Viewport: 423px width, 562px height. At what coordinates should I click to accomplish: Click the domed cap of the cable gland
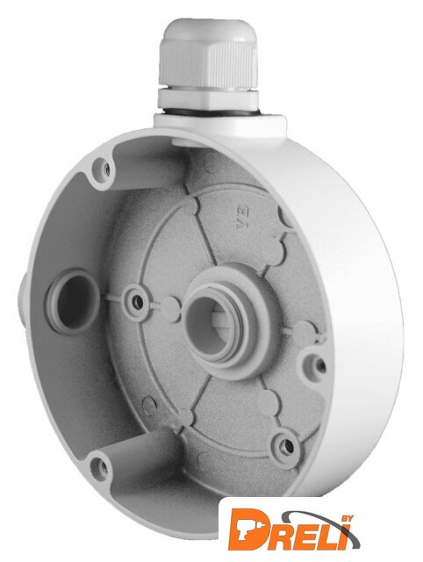click(x=209, y=30)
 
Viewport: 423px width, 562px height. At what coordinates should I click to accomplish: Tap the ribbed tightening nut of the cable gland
click(x=209, y=64)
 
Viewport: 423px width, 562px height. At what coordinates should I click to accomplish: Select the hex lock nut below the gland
click(x=208, y=98)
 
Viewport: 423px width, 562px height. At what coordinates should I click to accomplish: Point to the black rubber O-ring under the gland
click(x=208, y=112)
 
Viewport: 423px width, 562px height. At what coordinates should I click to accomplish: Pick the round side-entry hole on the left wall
click(x=73, y=302)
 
